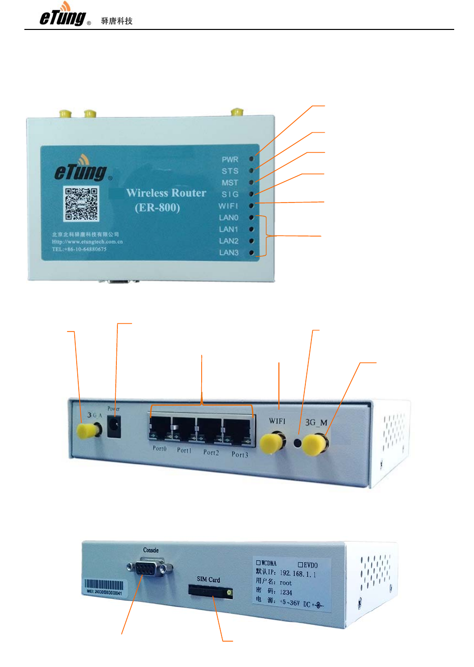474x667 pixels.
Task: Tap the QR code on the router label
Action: (x=81, y=204)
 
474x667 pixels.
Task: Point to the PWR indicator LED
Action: (x=251, y=159)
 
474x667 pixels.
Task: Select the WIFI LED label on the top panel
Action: (x=228, y=206)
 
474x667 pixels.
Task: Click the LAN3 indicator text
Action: (x=229, y=253)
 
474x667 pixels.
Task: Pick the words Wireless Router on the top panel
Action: (x=166, y=193)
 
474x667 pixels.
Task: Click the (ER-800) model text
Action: (x=157, y=208)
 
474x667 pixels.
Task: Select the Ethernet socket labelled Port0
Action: (x=160, y=428)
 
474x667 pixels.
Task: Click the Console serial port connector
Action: (x=150, y=569)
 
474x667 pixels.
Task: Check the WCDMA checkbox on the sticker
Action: (x=258, y=563)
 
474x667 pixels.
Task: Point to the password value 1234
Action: (x=286, y=592)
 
